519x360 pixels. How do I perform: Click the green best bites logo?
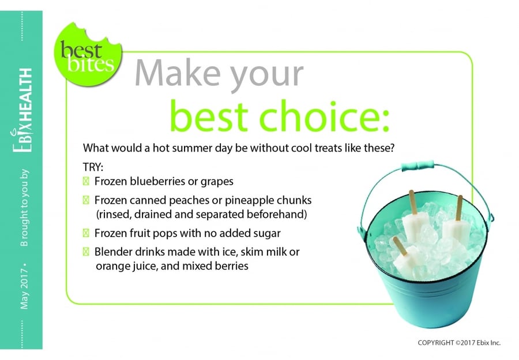[x=88, y=54]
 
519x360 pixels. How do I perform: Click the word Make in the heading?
[x=178, y=73]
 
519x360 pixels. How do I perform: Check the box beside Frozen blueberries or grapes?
[x=86, y=181]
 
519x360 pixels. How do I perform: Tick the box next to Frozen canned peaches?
[x=86, y=200]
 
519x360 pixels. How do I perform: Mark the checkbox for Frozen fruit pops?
[x=86, y=233]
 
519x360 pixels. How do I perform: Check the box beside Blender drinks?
[x=86, y=252]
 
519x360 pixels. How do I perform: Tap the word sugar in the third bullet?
[x=267, y=234]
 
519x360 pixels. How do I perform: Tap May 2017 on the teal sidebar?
[x=24, y=289]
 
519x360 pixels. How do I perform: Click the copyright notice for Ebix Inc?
[x=459, y=343]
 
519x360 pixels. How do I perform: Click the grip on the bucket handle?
[x=417, y=165]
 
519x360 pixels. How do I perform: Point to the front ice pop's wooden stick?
[x=400, y=246]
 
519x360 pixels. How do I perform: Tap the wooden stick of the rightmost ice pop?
[x=459, y=208]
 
